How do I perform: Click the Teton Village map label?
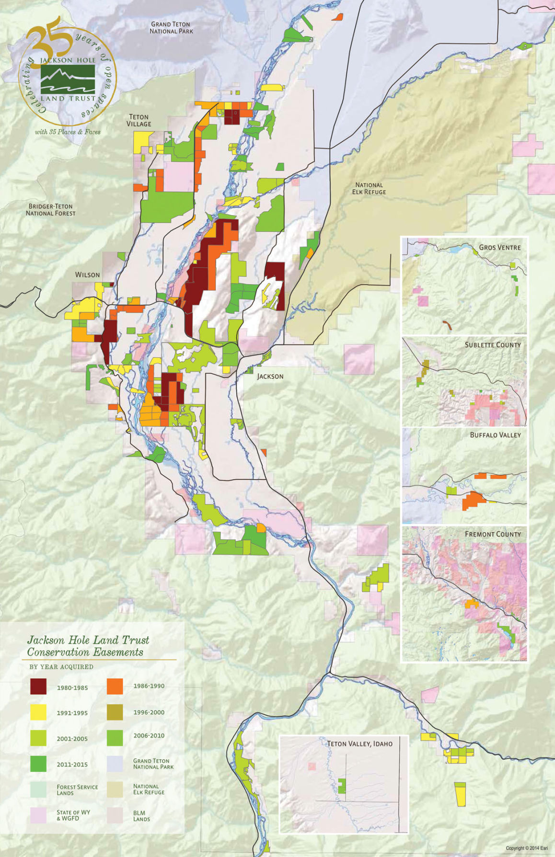click(139, 120)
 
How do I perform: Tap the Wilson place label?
click(87, 274)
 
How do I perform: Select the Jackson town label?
click(270, 376)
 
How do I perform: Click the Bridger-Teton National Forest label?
click(50, 210)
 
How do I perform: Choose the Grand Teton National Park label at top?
click(171, 27)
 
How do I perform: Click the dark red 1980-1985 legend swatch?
click(38, 686)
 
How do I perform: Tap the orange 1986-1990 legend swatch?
click(115, 686)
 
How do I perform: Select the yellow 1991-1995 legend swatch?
click(38, 712)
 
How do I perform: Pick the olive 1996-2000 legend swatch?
click(115, 712)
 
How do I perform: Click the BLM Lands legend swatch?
click(115, 815)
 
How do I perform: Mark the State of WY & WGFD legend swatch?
click(38, 815)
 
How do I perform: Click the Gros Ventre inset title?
click(499, 247)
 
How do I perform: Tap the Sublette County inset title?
click(492, 344)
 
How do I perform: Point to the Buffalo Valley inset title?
click(495, 434)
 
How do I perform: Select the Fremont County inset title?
click(492, 534)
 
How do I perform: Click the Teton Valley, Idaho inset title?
click(359, 743)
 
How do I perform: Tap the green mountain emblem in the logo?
click(68, 79)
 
